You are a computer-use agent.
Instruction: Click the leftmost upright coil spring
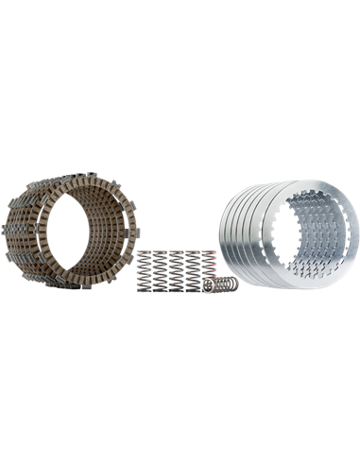[143, 270]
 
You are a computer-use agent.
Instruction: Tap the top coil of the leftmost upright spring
[143, 252]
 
